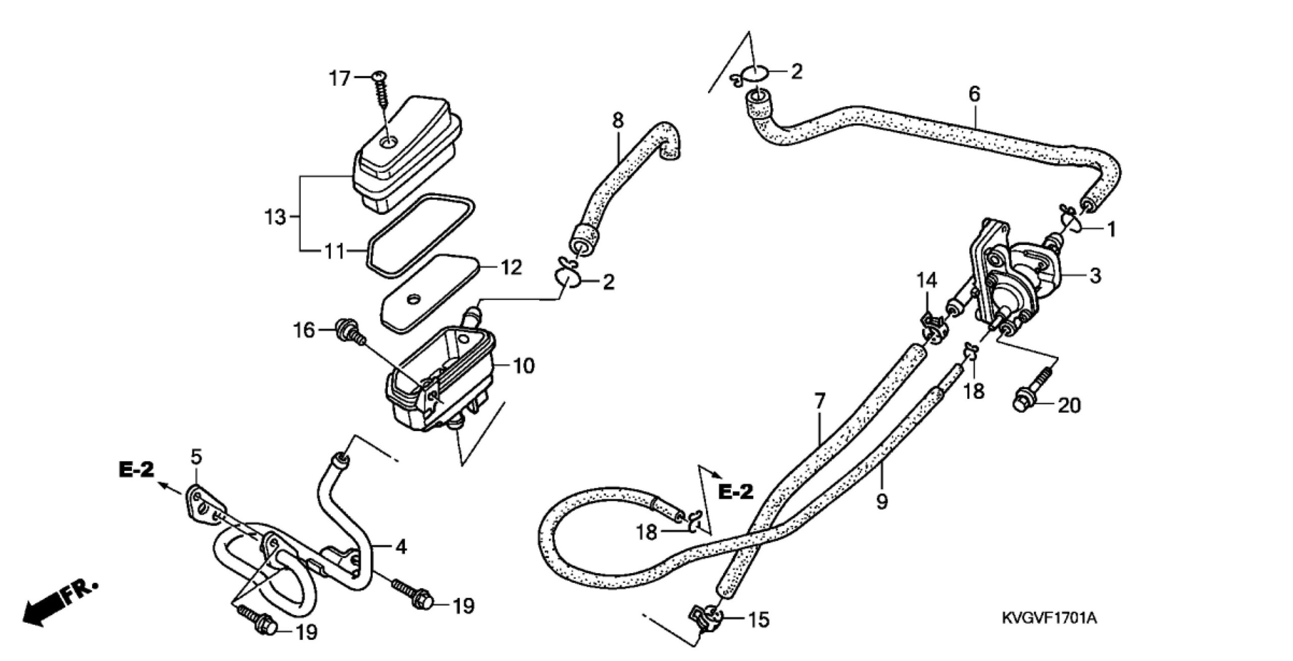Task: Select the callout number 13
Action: (276, 218)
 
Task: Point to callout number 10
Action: (523, 366)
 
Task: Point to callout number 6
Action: (974, 95)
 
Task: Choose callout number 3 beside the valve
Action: (1095, 276)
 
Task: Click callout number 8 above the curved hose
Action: (618, 121)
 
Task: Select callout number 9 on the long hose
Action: (882, 502)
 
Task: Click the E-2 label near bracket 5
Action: (136, 469)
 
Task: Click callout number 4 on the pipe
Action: (401, 547)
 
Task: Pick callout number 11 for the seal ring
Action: (334, 251)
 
